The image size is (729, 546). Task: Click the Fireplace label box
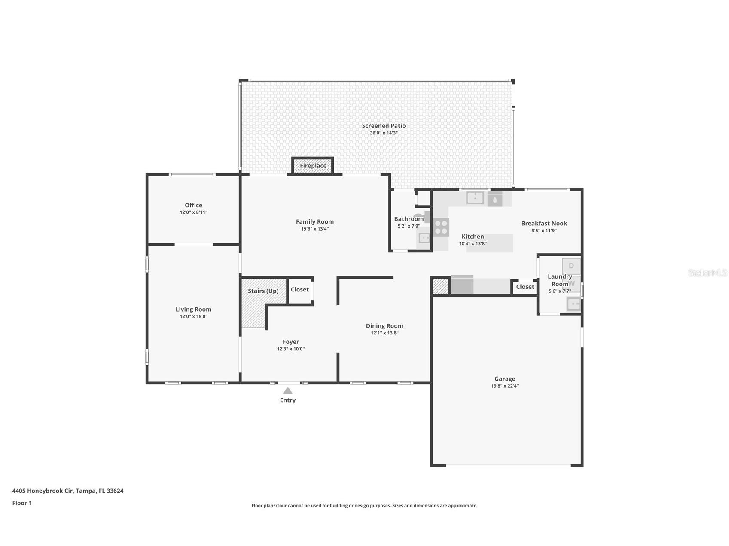pyautogui.click(x=313, y=166)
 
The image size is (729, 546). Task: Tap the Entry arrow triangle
pyautogui.click(x=288, y=391)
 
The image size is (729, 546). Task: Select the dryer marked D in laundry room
pyautogui.click(x=571, y=266)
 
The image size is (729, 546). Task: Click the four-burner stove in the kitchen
pyautogui.click(x=441, y=227)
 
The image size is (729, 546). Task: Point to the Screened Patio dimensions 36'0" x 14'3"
pyautogui.click(x=384, y=133)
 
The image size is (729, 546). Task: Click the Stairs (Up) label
pyautogui.click(x=263, y=291)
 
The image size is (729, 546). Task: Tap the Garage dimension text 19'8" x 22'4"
pyautogui.click(x=505, y=386)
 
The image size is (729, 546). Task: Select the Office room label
pyautogui.click(x=193, y=205)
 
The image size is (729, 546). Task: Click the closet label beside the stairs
pyautogui.click(x=299, y=290)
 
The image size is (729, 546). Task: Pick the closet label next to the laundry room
pyautogui.click(x=525, y=287)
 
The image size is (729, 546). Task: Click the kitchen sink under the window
pyautogui.click(x=475, y=198)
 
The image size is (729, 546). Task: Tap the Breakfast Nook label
pyautogui.click(x=544, y=223)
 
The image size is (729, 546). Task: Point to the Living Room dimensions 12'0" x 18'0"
pyautogui.click(x=193, y=316)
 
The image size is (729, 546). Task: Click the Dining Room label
pyautogui.click(x=384, y=326)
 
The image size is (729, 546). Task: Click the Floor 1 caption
pyautogui.click(x=22, y=503)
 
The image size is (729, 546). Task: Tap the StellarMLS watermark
pyautogui.click(x=707, y=273)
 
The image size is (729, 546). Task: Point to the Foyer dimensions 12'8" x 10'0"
pyautogui.click(x=290, y=349)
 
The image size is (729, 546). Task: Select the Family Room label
pyautogui.click(x=314, y=222)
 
